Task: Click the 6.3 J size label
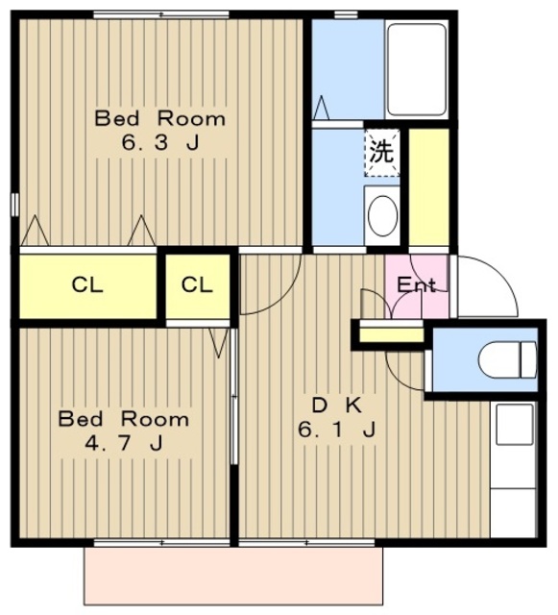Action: coord(160,143)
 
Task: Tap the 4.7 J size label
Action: coord(124,444)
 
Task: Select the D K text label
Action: coord(337,406)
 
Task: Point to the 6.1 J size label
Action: coord(337,430)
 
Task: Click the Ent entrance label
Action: coord(416,284)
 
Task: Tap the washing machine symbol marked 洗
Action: coord(382,153)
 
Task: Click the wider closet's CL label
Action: coord(87,285)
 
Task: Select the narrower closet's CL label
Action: coord(197,285)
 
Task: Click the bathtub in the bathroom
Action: coord(417,69)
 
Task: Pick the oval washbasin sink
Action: coord(383,215)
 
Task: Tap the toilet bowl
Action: coord(507,359)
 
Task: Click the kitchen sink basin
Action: coord(515,425)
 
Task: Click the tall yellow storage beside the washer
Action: coord(429,187)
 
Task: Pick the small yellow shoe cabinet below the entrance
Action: coord(392,334)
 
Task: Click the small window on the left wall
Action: coord(15,205)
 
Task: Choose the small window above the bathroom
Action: coord(346,15)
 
